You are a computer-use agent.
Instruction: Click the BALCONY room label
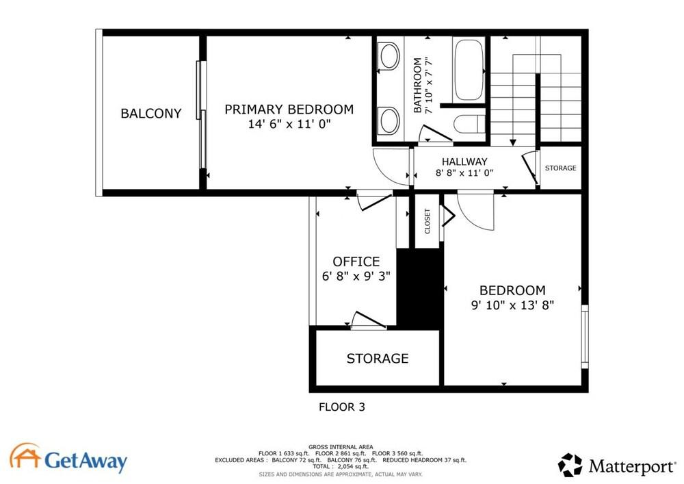tap(151, 114)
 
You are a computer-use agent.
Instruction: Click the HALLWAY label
tap(464, 162)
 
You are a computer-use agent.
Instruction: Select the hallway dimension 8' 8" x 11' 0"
tap(464, 174)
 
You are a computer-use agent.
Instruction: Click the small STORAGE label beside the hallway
tap(560, 168)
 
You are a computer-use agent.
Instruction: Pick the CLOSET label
tap(428, 222)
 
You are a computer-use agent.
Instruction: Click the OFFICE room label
tap(356, 262)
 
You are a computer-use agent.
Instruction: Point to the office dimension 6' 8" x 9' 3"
tap(356, 276)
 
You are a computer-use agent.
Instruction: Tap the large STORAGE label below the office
tap(377, 359)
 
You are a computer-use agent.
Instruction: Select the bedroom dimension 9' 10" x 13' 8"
tap(512, 305)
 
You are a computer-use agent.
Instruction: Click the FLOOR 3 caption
tap(342, 407)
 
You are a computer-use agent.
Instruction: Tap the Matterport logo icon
tap(570, 466)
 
